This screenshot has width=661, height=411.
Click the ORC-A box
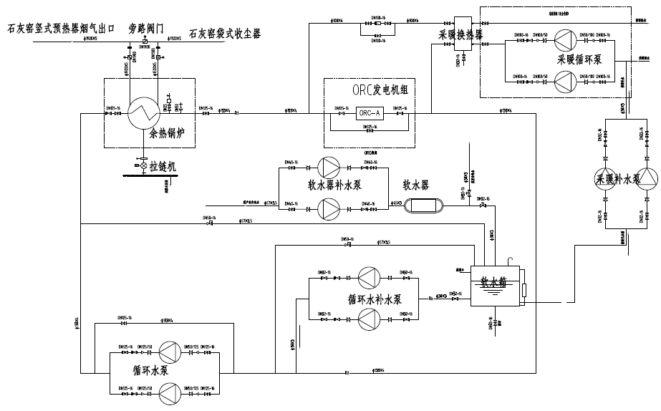pyautogui.click(x=371, y=112)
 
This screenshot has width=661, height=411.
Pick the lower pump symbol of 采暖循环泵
pyautogui.click(x=566, y=81)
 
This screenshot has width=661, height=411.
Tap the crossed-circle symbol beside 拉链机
pyautogui.click(x=143, y=165)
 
